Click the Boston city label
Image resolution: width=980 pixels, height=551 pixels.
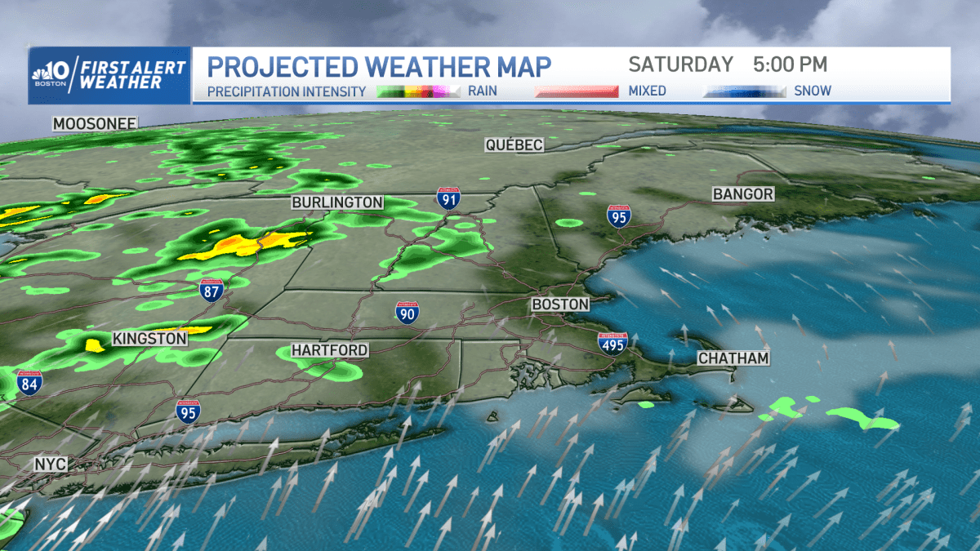point(559,304)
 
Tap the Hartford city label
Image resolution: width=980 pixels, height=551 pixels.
point(329,350)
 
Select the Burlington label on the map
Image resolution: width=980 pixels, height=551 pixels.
point(337,202)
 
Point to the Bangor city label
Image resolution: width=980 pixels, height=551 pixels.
point(742,194)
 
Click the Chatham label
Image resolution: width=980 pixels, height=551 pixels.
point(733,358)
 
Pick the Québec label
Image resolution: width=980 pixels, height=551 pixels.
point(514,144)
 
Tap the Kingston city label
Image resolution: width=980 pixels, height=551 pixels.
point(149,338)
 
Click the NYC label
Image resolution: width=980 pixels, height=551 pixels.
point(50,464)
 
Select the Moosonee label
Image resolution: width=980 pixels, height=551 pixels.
point(94,124)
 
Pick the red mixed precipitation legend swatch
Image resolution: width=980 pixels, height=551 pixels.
point(577,91)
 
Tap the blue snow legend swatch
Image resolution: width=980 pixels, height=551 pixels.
point(744,91)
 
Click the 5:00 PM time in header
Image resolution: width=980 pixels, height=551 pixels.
point(790,64)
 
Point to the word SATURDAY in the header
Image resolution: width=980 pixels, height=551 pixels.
point(680,64)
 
